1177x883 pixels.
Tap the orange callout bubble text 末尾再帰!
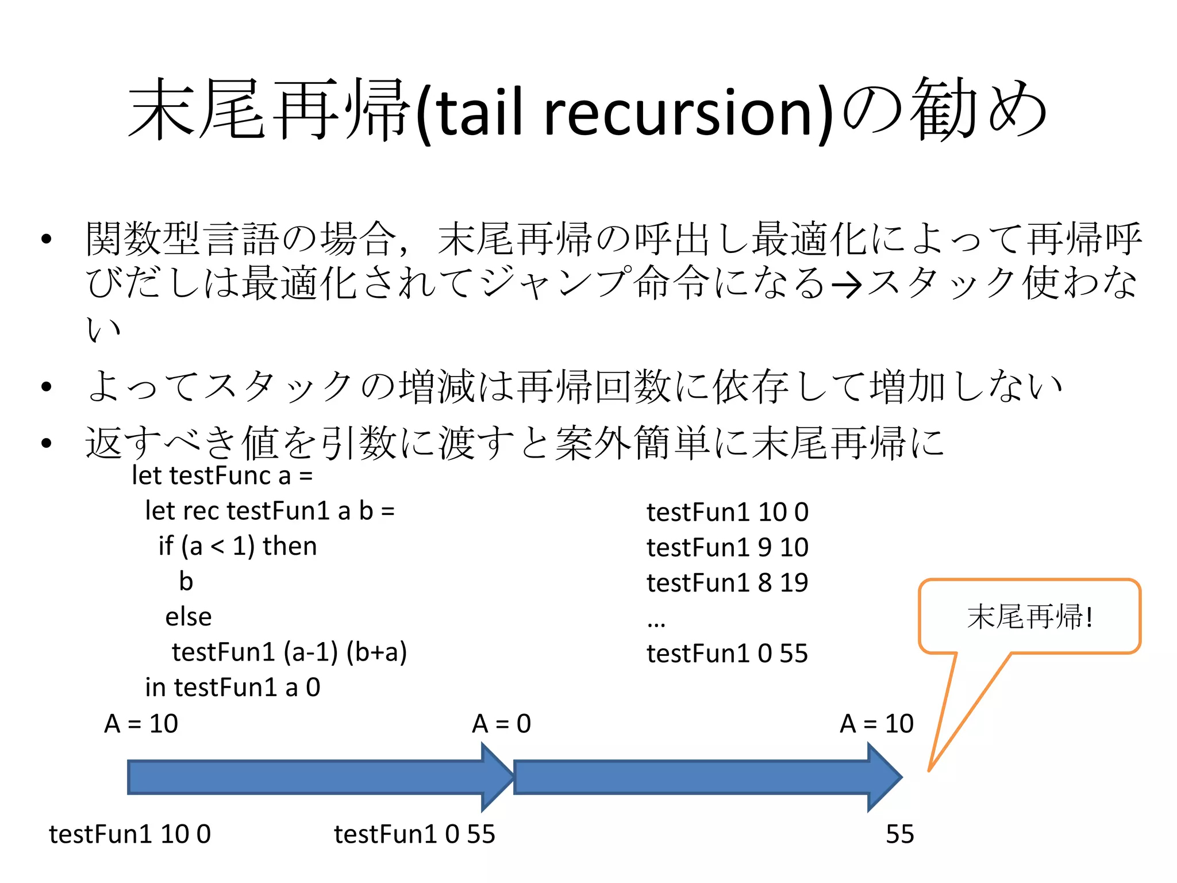click(1029, 616)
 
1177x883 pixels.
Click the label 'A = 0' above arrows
click(501, 724)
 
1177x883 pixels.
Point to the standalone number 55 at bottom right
click(899, 834)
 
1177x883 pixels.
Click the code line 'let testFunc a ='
click(222, 476)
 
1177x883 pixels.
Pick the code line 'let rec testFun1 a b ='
click(270, 511)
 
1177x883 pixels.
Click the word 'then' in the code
click(290, 546)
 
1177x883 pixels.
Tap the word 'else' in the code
click(189, 617)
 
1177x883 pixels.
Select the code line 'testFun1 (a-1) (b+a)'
click(289, 652)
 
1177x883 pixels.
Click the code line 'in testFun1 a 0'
click(232, 688)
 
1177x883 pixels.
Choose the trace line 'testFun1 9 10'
click(727, 547)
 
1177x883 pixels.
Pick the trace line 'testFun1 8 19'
click(727, 583)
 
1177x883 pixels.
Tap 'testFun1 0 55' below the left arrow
click(414, 834)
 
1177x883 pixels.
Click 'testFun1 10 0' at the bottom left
click(130, 834)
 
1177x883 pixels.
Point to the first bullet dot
click(47, 239)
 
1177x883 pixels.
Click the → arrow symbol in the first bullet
click(846, 285)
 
